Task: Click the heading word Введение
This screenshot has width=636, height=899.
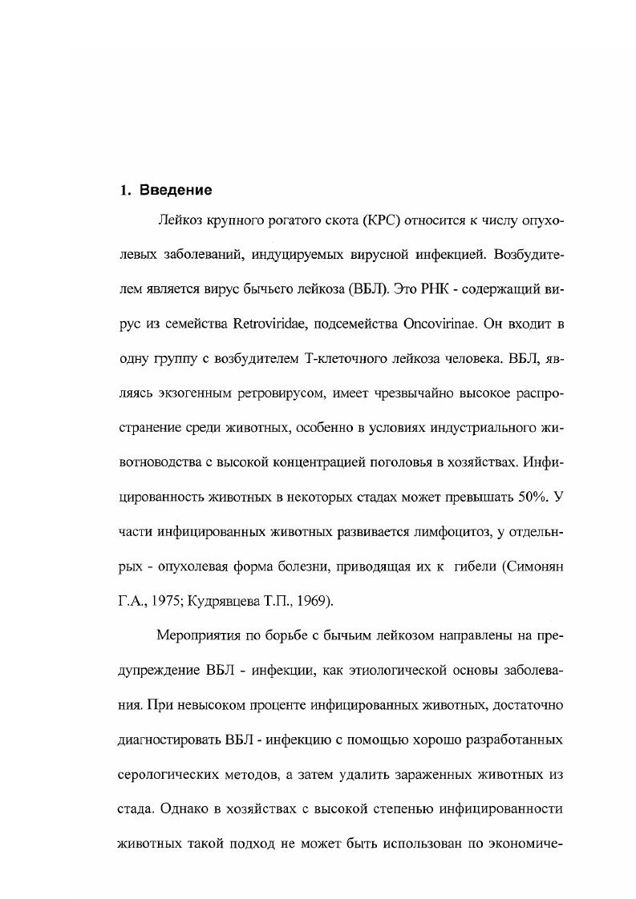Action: (176, 190)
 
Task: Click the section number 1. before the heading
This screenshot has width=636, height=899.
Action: (125, 190)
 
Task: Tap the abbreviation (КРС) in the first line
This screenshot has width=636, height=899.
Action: (389, 220)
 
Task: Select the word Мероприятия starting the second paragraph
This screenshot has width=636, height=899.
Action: (200, 635)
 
